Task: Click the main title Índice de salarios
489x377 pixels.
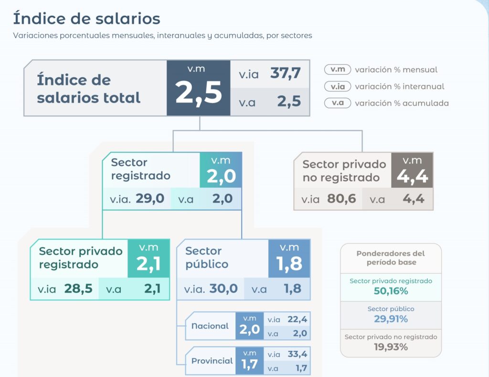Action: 86,19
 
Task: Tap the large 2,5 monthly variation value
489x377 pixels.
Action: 199,92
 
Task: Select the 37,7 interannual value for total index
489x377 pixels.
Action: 285,73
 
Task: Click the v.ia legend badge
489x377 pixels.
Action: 338,86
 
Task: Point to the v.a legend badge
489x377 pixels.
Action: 338,103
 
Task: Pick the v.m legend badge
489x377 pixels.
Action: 338,70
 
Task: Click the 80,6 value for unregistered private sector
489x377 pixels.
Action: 341,198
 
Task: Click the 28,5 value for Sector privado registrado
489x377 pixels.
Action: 78,289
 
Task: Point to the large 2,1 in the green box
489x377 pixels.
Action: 149,265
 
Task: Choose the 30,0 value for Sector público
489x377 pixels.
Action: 223,289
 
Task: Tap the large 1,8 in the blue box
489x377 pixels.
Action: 289,264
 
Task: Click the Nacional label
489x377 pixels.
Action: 210,326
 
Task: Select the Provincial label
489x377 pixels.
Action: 212,361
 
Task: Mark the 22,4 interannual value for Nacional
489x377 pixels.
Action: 297,319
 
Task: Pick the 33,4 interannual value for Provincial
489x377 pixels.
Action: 297,354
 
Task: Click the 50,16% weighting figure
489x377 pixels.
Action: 391,291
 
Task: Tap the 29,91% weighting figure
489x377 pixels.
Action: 391,319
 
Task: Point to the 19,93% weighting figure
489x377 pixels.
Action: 391,346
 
